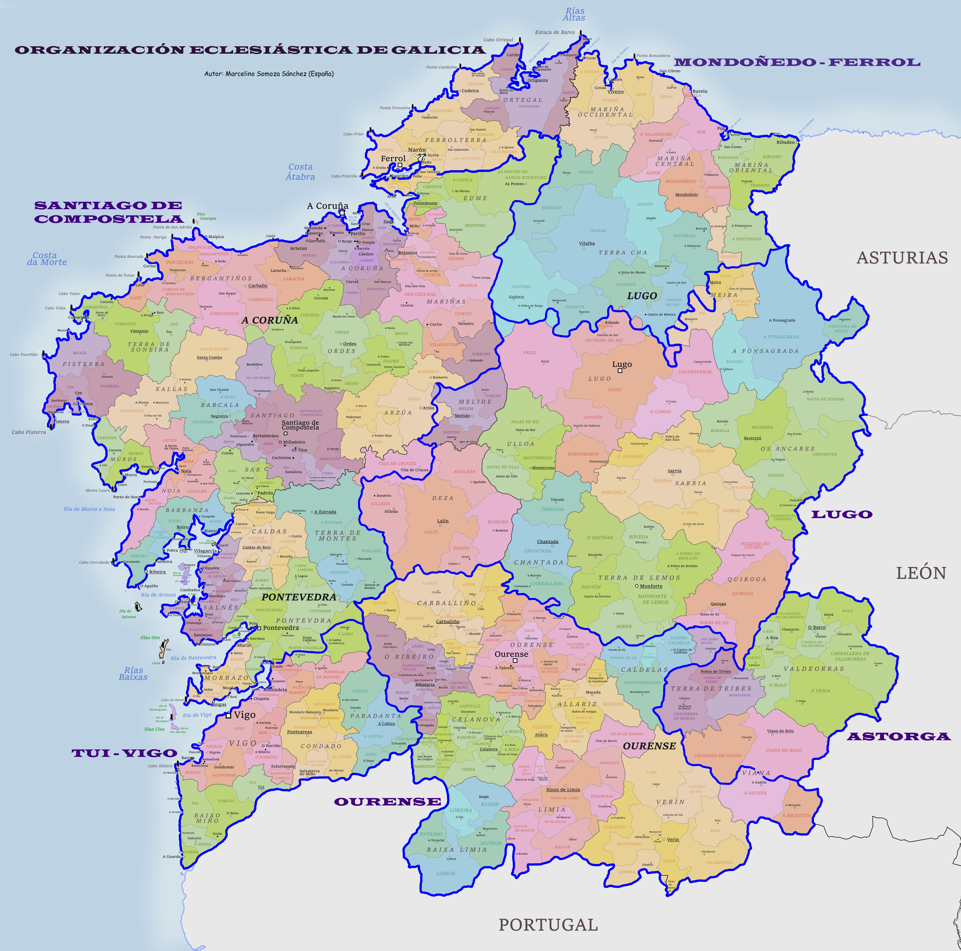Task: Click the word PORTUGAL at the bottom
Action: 548,925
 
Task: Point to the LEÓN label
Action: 921,573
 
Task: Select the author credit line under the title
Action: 269,74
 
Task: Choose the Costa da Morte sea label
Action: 46,259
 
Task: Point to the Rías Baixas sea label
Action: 133,674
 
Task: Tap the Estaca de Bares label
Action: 555,32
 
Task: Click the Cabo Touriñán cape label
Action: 23,355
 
